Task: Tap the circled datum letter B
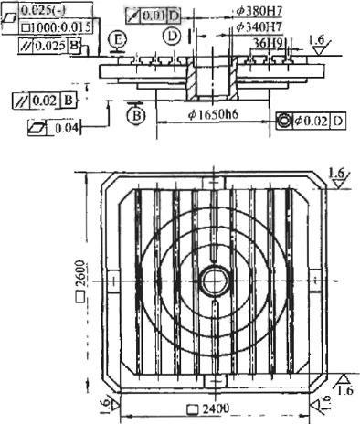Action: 133,116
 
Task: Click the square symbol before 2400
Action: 191,408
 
